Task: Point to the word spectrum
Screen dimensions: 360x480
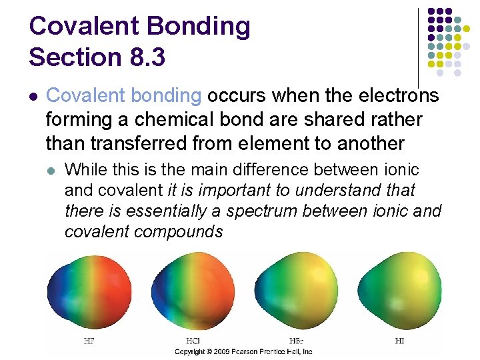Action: click(263, 211)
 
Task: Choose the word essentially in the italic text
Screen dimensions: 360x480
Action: click(184, 211)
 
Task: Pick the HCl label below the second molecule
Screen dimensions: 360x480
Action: click(193, 341)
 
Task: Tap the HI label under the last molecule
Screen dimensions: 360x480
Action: click(398, 341)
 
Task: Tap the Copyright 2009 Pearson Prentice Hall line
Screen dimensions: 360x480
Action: click(243, 351)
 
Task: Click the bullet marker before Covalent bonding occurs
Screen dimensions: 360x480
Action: click(33, 97)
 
